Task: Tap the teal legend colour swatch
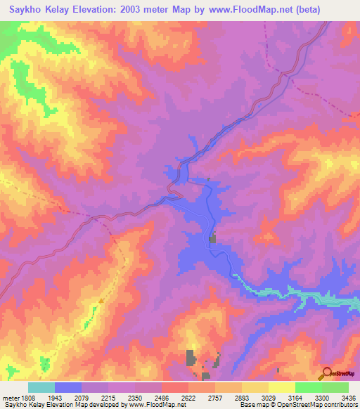(41, 387)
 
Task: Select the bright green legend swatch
(308, 387)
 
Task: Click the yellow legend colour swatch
(281, 387)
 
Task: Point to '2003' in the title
(140, 10)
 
